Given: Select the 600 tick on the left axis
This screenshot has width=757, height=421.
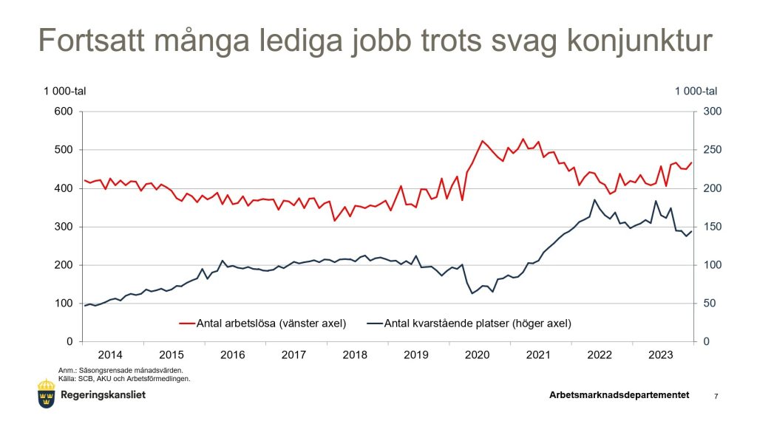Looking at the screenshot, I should point(64,112).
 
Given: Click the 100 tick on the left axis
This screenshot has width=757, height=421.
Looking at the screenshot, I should point(64,304).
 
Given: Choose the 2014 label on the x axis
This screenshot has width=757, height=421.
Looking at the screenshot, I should point(110,355).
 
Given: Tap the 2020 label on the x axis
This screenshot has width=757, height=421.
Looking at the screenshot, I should point(478,355).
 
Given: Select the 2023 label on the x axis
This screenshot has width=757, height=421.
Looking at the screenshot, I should point(660,355).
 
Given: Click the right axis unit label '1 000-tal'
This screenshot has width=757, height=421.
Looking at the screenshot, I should point(696,91).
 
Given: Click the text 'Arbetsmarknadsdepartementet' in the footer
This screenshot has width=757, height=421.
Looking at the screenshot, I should point(619,395).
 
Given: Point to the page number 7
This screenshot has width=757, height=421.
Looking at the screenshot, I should point(716,397).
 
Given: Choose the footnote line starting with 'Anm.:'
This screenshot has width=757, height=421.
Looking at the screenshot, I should point(120,370).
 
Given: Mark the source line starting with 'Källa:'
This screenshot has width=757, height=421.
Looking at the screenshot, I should point(124,378).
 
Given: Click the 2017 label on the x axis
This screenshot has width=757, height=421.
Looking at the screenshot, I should point(293,355).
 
